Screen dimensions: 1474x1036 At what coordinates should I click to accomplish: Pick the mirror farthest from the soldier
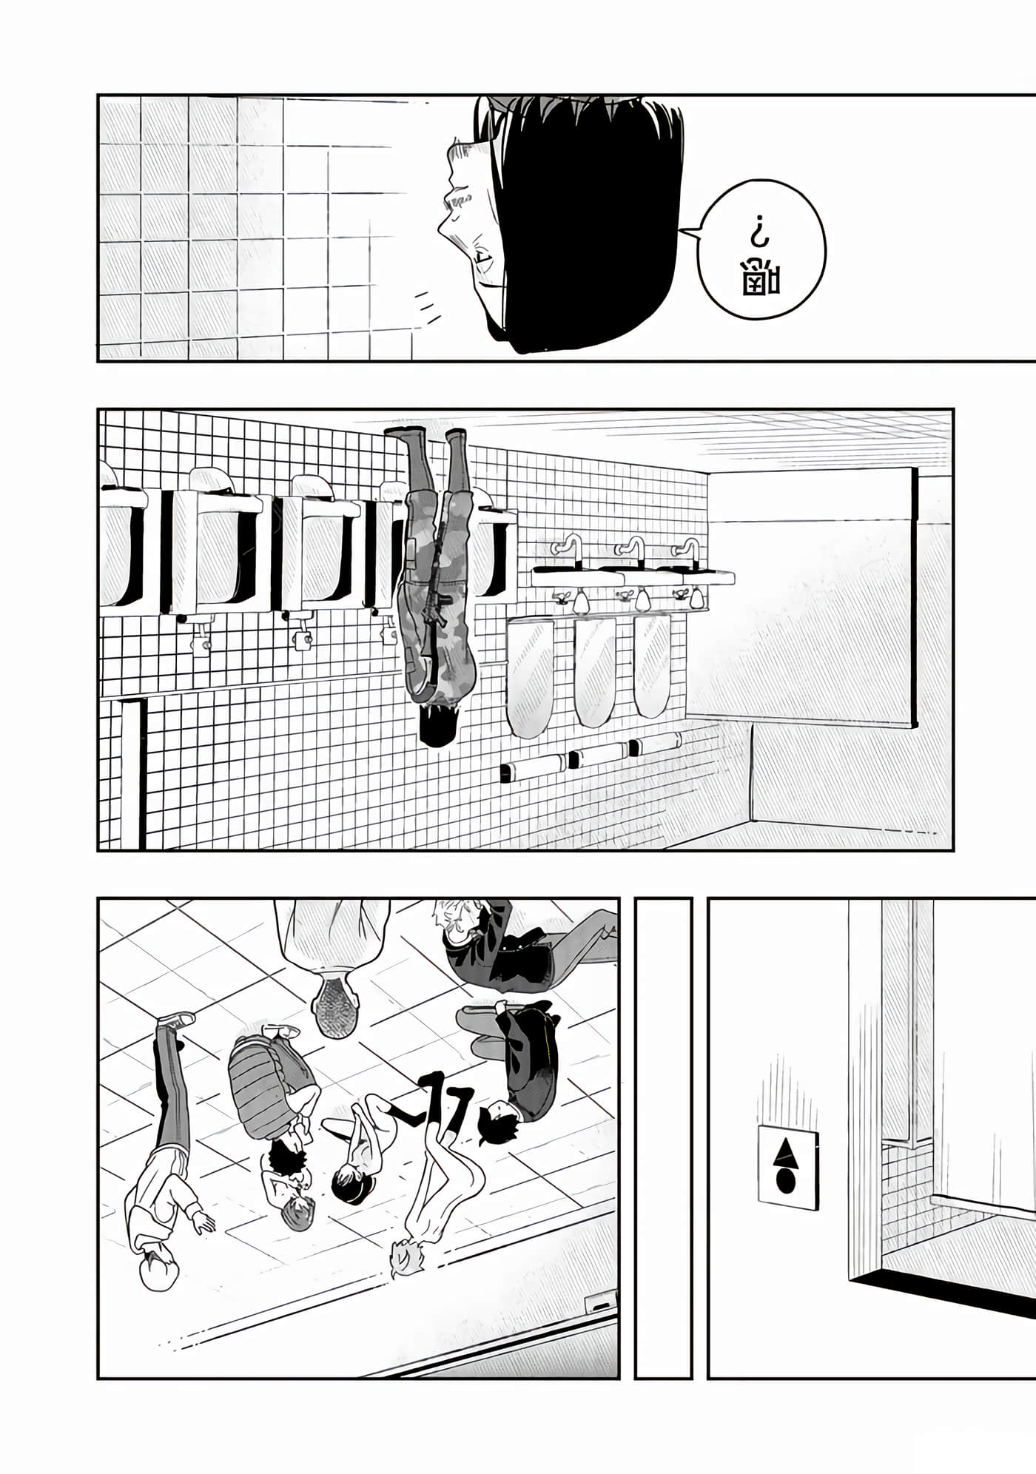[x=651, y=664]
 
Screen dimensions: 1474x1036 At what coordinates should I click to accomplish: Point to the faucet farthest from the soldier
[x=687, y=548]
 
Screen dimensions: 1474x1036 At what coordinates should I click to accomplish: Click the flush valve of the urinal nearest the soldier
[x=387, y=632]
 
